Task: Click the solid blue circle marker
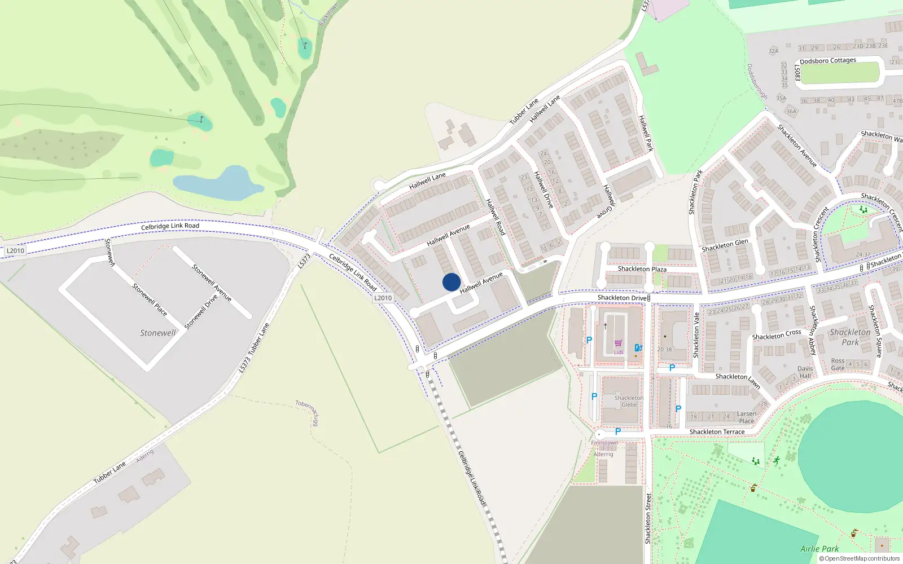pyautogui.click(x=451, y=282)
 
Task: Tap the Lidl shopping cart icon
pyautogui.click(x=618, y=343)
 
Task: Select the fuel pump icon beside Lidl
pyautogui.click(x=638, y=347)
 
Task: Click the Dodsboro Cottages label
pyautogui.click(x=827, y=61)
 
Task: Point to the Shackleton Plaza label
pyautogui.click(x=642, y=269)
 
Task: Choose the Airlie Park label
pyautogui.click(x=819, y=549)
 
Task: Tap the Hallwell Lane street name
pyautogui.click(x=427, y=181)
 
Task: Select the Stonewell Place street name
pyautogui.click(x=150, y=299)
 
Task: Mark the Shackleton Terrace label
pyautogui.click(x=717, y=432)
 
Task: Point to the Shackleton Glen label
pyautogui.click(x=725, y=245)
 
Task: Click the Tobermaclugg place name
pyautogui.click(x=307, y=413)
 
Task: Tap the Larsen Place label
pyautogui.click(x=746, y=417)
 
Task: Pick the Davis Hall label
pyautogui.click(x=805, y=372)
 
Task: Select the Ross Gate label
pyautogui.click(x=838, y=364)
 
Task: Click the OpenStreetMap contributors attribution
pyautogui.click(x=861, y=558)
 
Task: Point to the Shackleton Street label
pyautogui.click(x=648, y=518)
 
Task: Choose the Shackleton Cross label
pyautogui.click(x=777, y=335)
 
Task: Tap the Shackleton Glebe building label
pyautogui.click(x=629, y=401)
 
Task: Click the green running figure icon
pyautogui.click(x=777, y=460)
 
